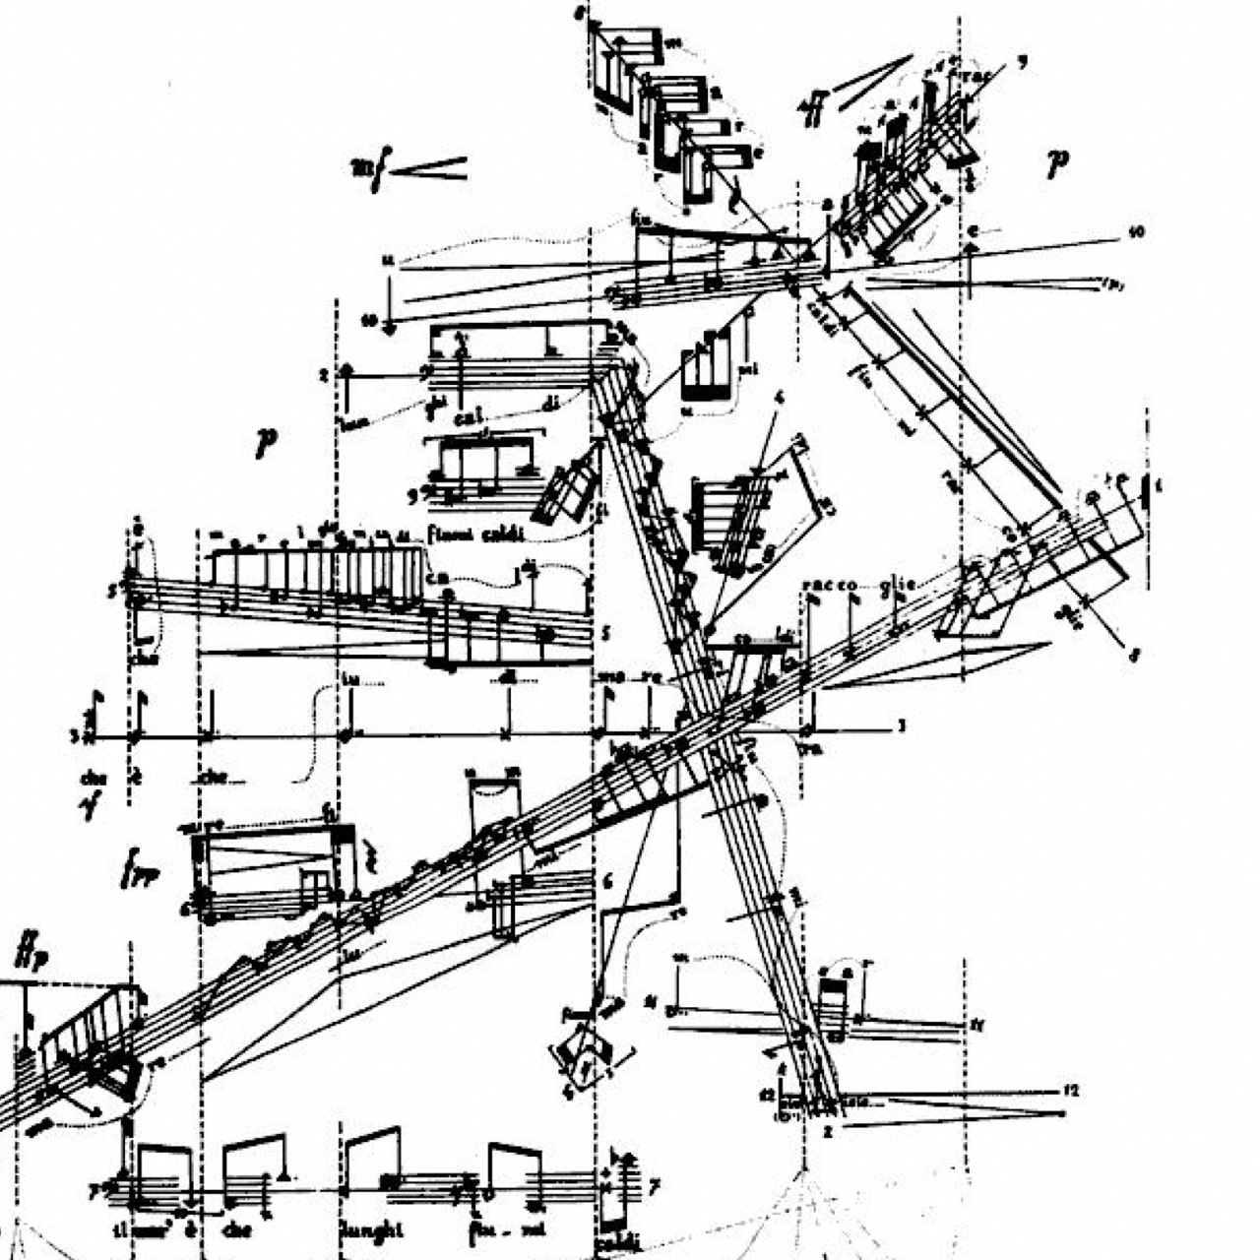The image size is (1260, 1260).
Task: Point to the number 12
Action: coord(1073,1091)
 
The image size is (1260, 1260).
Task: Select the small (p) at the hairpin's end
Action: coord(1113,285)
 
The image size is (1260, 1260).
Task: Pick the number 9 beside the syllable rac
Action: coord(1024,63)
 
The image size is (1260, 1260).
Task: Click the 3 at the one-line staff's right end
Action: coord(900,727)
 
